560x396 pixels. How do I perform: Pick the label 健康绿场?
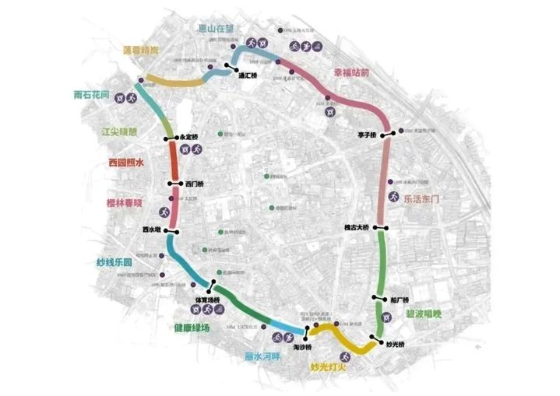192,328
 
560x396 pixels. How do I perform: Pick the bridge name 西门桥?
195,184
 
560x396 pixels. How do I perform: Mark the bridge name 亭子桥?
367,135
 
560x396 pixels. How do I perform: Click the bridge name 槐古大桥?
355,227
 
